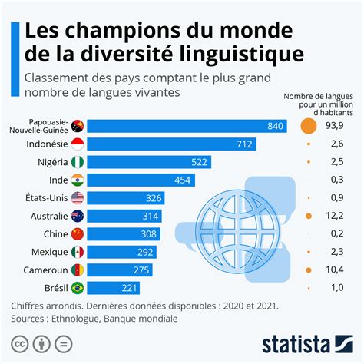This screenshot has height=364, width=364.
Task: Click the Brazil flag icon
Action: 77,289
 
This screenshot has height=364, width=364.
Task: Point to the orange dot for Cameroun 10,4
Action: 308,270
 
